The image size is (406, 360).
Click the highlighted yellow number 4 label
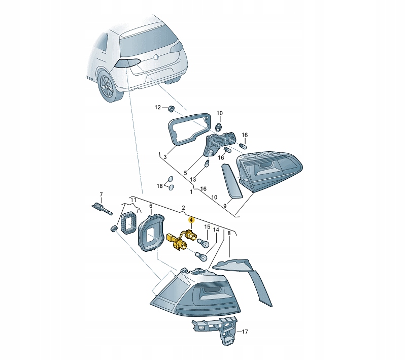[x=191, y=220]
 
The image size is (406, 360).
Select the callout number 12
[x=157, y=108]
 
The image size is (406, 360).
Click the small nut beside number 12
[x=171, y=108]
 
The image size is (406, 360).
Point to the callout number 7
[x=100, y=194]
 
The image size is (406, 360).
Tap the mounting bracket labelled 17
[x=216, y=328]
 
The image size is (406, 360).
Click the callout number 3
[x=164, y=157]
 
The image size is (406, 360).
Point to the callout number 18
[x=159, y=186]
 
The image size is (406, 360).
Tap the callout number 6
[x=150, y=206]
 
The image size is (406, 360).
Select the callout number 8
[x=229, y=233]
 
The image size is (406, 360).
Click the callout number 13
[x=193, y=179]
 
